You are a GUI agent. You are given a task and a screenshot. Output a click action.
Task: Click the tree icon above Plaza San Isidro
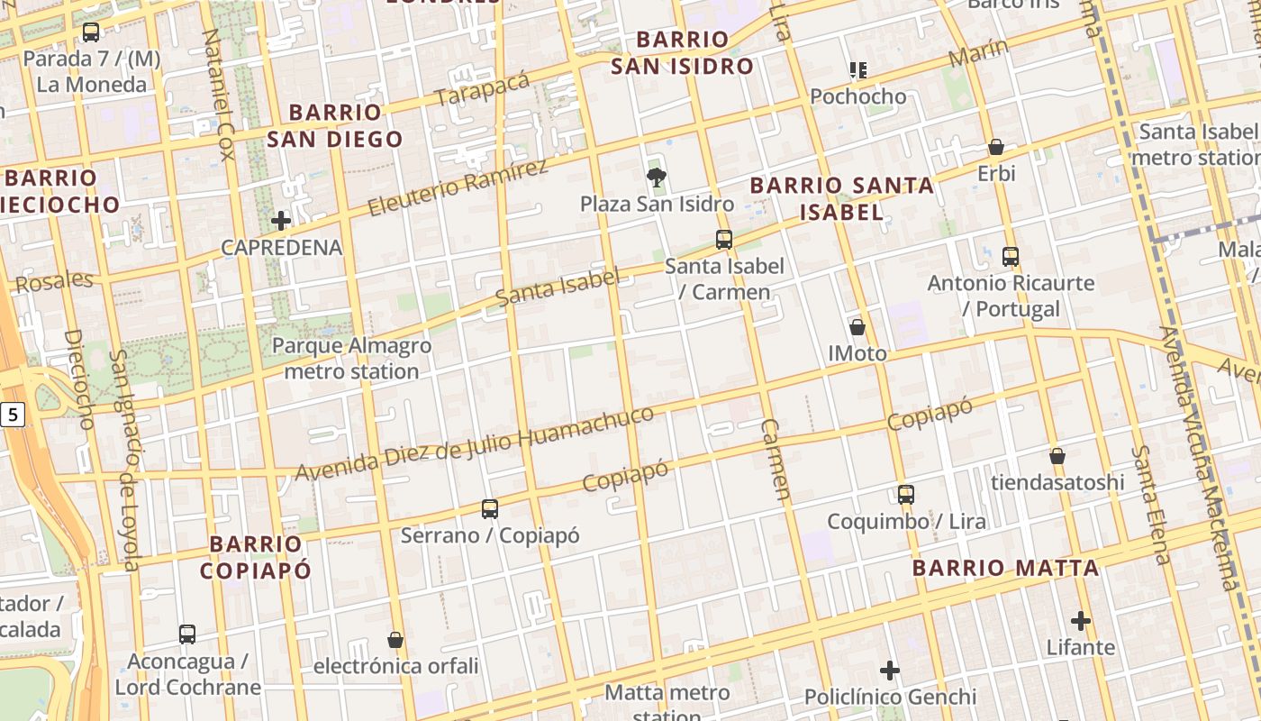(x=657, y=177)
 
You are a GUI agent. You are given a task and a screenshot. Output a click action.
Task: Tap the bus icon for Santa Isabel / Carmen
(x=724, y=240)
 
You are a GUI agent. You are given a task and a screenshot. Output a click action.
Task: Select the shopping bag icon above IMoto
(x=857, y=326)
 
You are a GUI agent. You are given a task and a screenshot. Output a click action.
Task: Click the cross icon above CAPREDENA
(x=281, y=220)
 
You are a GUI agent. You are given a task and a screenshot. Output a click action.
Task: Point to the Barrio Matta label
(x=1005, y=568)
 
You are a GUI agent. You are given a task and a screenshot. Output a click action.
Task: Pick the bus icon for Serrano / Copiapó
(x=490, y=508)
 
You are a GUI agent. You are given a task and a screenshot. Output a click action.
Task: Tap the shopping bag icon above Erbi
(x=996, y=146)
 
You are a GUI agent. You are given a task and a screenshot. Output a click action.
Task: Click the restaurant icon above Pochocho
(x=857, y=69)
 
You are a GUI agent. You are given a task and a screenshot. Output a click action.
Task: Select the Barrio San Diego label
(x=335, y=125)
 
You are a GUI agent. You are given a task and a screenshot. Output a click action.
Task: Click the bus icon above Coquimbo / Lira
(x=906, y=494)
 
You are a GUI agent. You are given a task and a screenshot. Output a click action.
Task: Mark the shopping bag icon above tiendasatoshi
(x=1057, y=456)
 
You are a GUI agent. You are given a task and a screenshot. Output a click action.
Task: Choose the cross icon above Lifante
(x=1081, y=621)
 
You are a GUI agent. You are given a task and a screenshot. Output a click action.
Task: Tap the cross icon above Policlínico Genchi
(x=890, y=671)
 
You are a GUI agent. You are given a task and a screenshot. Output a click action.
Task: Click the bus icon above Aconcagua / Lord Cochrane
(x=187, y=634)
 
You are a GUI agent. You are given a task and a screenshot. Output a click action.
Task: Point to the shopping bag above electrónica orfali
(x=395, y=640)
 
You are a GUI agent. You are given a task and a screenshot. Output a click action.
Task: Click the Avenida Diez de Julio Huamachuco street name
(x=475, y=443)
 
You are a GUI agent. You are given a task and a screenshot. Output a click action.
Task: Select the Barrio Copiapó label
(x=256, y=557)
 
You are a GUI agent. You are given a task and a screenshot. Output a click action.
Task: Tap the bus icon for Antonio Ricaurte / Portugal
(x=1011, y=256)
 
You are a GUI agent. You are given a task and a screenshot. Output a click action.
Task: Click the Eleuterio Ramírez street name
(x=458, y=188)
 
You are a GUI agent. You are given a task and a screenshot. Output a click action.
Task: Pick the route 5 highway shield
(x=12, y=415)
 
